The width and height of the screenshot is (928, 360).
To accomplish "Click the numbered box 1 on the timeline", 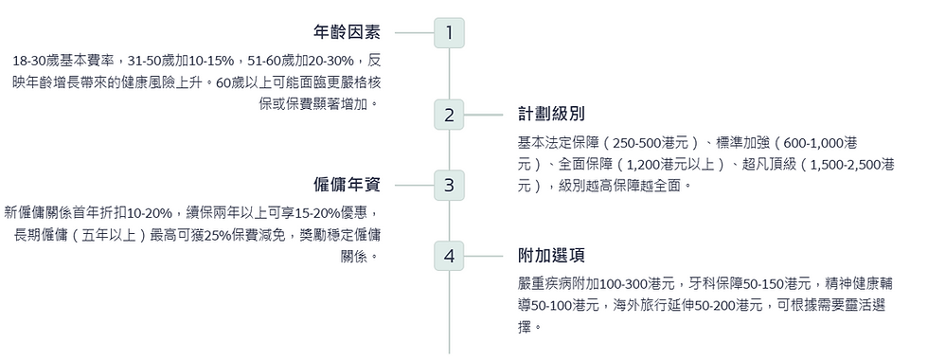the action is tap(449, 33).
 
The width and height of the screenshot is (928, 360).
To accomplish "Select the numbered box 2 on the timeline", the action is tap(449, 116).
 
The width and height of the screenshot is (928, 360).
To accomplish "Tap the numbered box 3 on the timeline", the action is tap(449, 185).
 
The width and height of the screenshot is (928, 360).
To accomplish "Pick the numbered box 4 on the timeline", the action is tap(449, 256).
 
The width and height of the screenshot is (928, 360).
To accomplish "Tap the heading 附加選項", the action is tap(551, 256).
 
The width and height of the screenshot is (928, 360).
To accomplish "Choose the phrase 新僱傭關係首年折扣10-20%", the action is tap(87, 212).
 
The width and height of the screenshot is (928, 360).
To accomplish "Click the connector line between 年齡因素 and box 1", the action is tap(414, 33).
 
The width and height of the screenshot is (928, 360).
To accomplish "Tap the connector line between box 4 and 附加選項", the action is tap(484, 256).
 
